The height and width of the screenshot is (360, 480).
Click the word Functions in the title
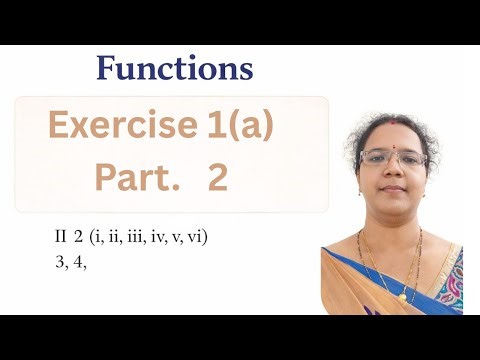tap(174, 69)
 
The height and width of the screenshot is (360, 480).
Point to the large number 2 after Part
tap(218, 178)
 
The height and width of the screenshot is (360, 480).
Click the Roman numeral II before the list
tap(61, 237)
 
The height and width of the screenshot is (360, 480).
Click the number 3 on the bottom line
tap(61, 264)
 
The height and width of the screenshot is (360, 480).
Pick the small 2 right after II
tap(78, 237)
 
